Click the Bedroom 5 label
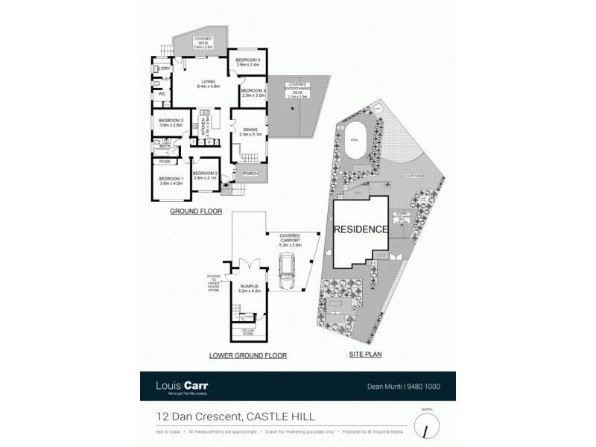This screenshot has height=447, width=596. pyautogui.click(x=247, y=60)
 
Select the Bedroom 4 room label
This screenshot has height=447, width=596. pyautogui.click(x=253, y=91)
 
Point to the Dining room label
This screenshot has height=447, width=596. pyautogui.click(x=250, y=130)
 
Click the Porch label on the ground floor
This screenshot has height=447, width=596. pyautogui.click(x=250, y=174)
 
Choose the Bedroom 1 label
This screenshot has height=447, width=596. pyautogui.click(x=171, y=179)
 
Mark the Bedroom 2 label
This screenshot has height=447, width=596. pyautogui.click(x=204, y=174)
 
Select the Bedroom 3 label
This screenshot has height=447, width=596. pyautogui.click(x=171, y=121)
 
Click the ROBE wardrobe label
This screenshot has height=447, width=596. pyautogui.click(x=165, y=161)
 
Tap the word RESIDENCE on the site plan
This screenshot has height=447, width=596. pyautogui.click(x=361, y=229)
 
